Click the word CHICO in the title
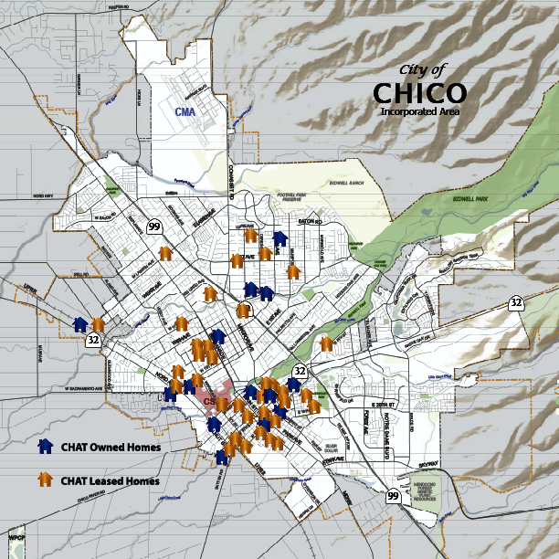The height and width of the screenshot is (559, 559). [x=419, y=93]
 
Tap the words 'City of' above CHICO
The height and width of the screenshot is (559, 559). [x=423, y=70]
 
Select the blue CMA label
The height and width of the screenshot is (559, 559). [x=185, y=111]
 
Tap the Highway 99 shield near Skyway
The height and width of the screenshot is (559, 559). [x=393, y=496]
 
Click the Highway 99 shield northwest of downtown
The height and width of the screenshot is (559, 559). [x=155, y=227]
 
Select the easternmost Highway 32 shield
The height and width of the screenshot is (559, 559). [x=516, y=301]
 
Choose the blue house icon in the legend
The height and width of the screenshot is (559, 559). [x=44, y=447]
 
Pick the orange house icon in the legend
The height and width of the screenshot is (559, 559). [x=44, y=479]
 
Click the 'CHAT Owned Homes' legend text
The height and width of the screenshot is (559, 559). [x=111, y=448]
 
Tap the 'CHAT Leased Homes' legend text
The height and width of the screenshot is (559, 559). [x=111, y=480]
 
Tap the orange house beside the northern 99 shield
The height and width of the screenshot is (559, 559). [x=165, y=253]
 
